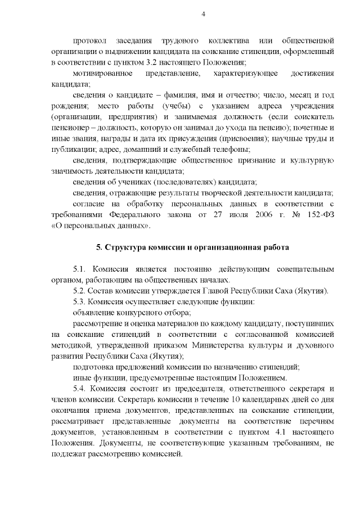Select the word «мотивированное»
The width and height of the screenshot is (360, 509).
[103, 73]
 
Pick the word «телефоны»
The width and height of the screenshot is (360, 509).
[231, 148]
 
